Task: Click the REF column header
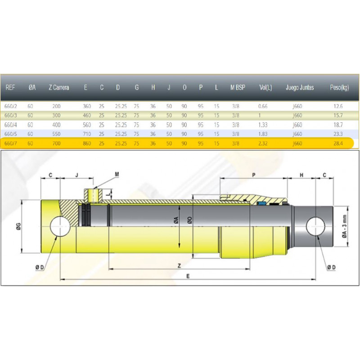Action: [10, 87]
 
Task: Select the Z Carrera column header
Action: [59, 87]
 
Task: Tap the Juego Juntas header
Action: [300, 87]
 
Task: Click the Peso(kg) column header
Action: [339, 87]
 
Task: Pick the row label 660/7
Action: [10, 144]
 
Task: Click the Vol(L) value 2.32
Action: [263, 144]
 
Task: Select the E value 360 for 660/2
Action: [87, 106]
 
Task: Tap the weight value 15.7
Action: [338, 116]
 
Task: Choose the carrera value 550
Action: [56, 134]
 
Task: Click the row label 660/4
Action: [10, 125]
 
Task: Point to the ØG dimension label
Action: [18, 226]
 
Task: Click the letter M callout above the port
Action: [117, 175]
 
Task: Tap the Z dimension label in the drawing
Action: [179, 266]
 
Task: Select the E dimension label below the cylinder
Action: [188, 276]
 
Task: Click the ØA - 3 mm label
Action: [344, 226]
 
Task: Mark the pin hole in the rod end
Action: [315, 227]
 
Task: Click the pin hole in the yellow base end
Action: [60, 226]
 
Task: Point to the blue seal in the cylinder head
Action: [261, 203]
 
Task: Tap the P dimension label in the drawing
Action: [254, 175]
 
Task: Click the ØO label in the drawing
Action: [189, 220]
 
